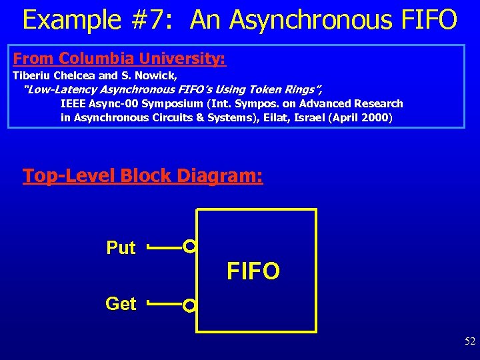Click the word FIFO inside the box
click(x=253, y=271)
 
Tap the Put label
click(x=121, y=248)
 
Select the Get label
click(x=121, y=304)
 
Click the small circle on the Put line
click(x=190, y=247)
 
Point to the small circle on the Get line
click(x=190, y=306)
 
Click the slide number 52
click(x=470, y=341)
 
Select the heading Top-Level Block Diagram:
click(x=143, y=176)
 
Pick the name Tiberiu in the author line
click(x=32, y=75)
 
